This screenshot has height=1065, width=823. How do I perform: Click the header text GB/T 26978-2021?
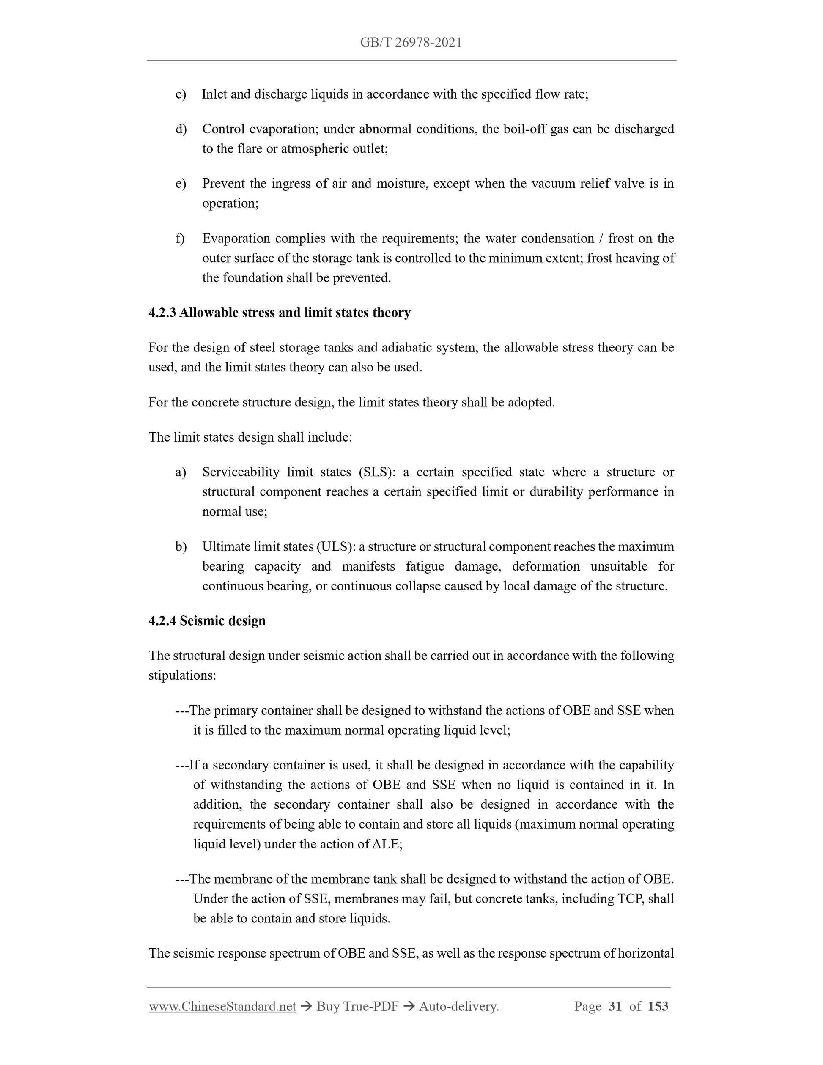(x=411, y=43)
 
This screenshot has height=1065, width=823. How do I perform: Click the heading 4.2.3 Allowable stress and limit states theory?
(x=280, y=313)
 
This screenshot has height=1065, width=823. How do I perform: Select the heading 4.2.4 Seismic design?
(x=207, y=621)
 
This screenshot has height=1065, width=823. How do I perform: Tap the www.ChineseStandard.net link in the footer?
(x=222, y=1006)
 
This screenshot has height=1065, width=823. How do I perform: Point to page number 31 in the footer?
(x=615, y=1006)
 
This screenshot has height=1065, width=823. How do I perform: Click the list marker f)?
(x=180, y=239)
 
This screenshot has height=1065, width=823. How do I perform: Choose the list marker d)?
(x=181, y=129)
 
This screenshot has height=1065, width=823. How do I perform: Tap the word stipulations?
(x=182, y=675)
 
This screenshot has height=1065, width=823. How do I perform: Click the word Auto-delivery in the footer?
(x=459, y=1006)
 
